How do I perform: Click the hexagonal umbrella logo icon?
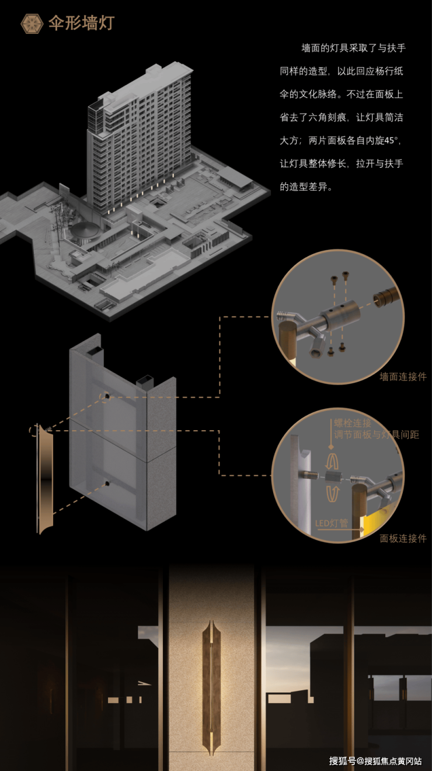pos(32,23)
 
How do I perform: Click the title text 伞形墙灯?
pos(81,23)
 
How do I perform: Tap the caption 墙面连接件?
pos(403,376)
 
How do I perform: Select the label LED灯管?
pos(332,523)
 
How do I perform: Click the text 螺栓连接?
pos(353,423)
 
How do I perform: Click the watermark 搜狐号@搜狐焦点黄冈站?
pos(375,760)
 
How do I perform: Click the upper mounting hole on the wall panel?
pos(107,396)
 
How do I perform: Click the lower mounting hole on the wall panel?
pos(107,483)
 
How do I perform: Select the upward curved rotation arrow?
pos(332,461)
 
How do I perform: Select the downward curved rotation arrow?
pos(332,493)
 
